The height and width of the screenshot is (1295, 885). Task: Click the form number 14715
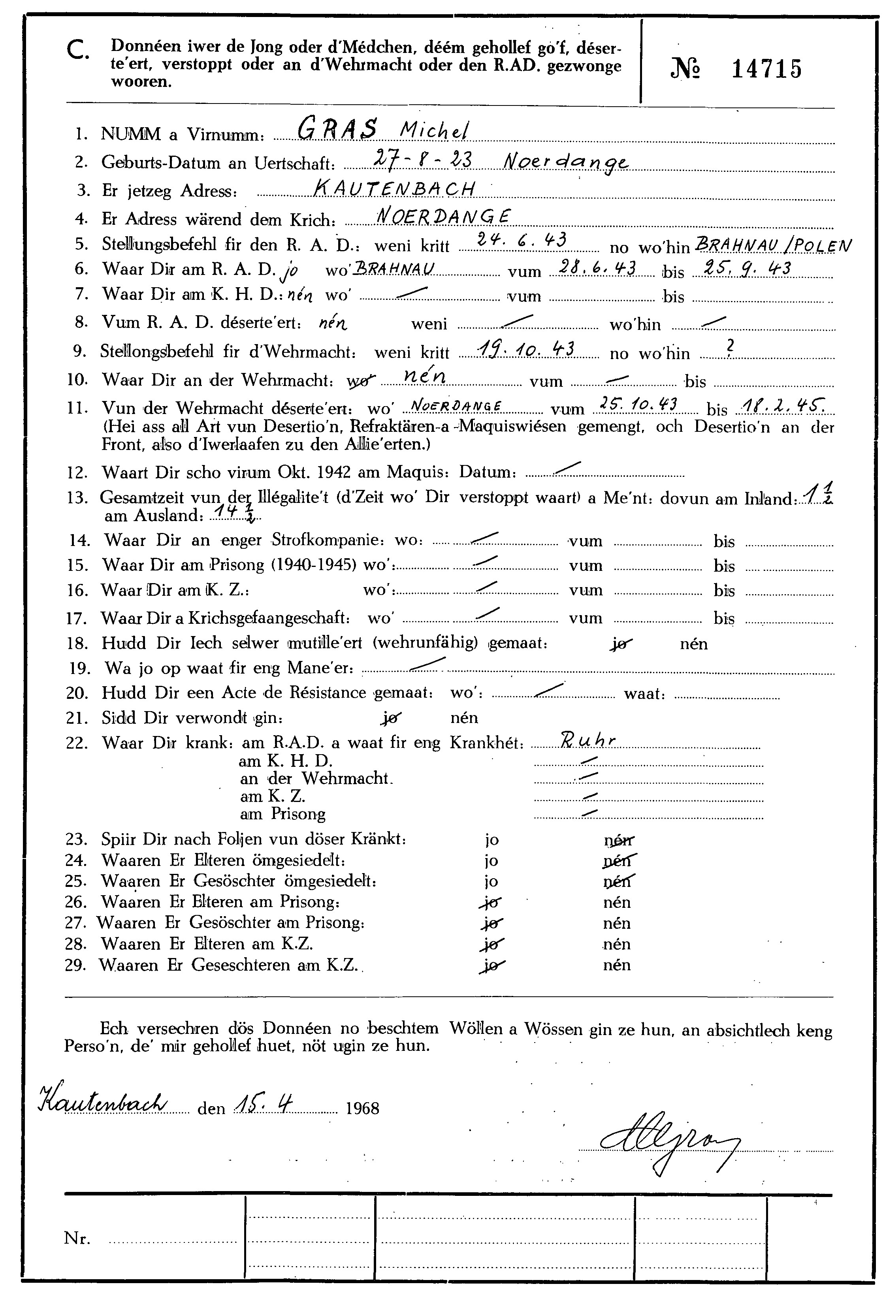click(766, 70)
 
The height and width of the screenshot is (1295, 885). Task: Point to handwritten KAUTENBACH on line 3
click(395, 190)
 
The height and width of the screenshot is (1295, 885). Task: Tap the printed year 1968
click(362, 1108)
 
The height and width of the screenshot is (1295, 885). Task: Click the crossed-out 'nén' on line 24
click(619, 861)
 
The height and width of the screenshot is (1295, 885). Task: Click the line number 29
click(76, 965)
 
